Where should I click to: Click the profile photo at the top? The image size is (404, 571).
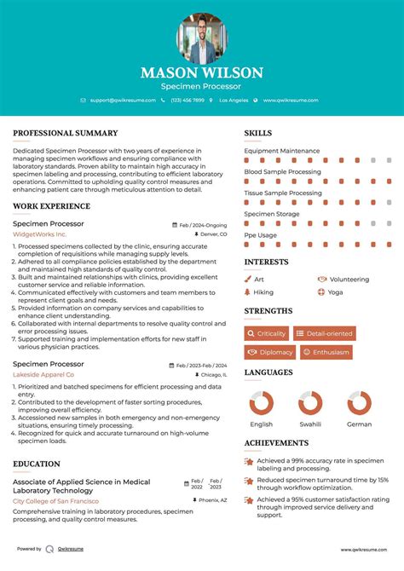201,38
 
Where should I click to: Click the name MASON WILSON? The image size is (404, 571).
201,72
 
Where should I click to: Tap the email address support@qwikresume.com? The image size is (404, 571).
123,100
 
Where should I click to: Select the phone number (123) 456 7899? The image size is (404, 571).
187,100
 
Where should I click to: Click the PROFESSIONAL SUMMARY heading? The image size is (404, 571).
65,133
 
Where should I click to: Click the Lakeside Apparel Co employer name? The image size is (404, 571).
43,374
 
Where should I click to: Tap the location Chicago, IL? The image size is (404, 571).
213,374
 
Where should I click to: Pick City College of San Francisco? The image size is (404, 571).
55,501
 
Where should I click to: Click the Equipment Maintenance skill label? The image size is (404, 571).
282,151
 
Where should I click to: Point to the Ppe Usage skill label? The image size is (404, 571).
260,235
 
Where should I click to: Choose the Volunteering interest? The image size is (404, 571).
349,280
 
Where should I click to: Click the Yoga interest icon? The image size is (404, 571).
321,292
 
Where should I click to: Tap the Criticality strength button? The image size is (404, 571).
267,333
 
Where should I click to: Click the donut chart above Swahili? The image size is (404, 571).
310,403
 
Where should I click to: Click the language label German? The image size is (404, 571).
359,424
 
